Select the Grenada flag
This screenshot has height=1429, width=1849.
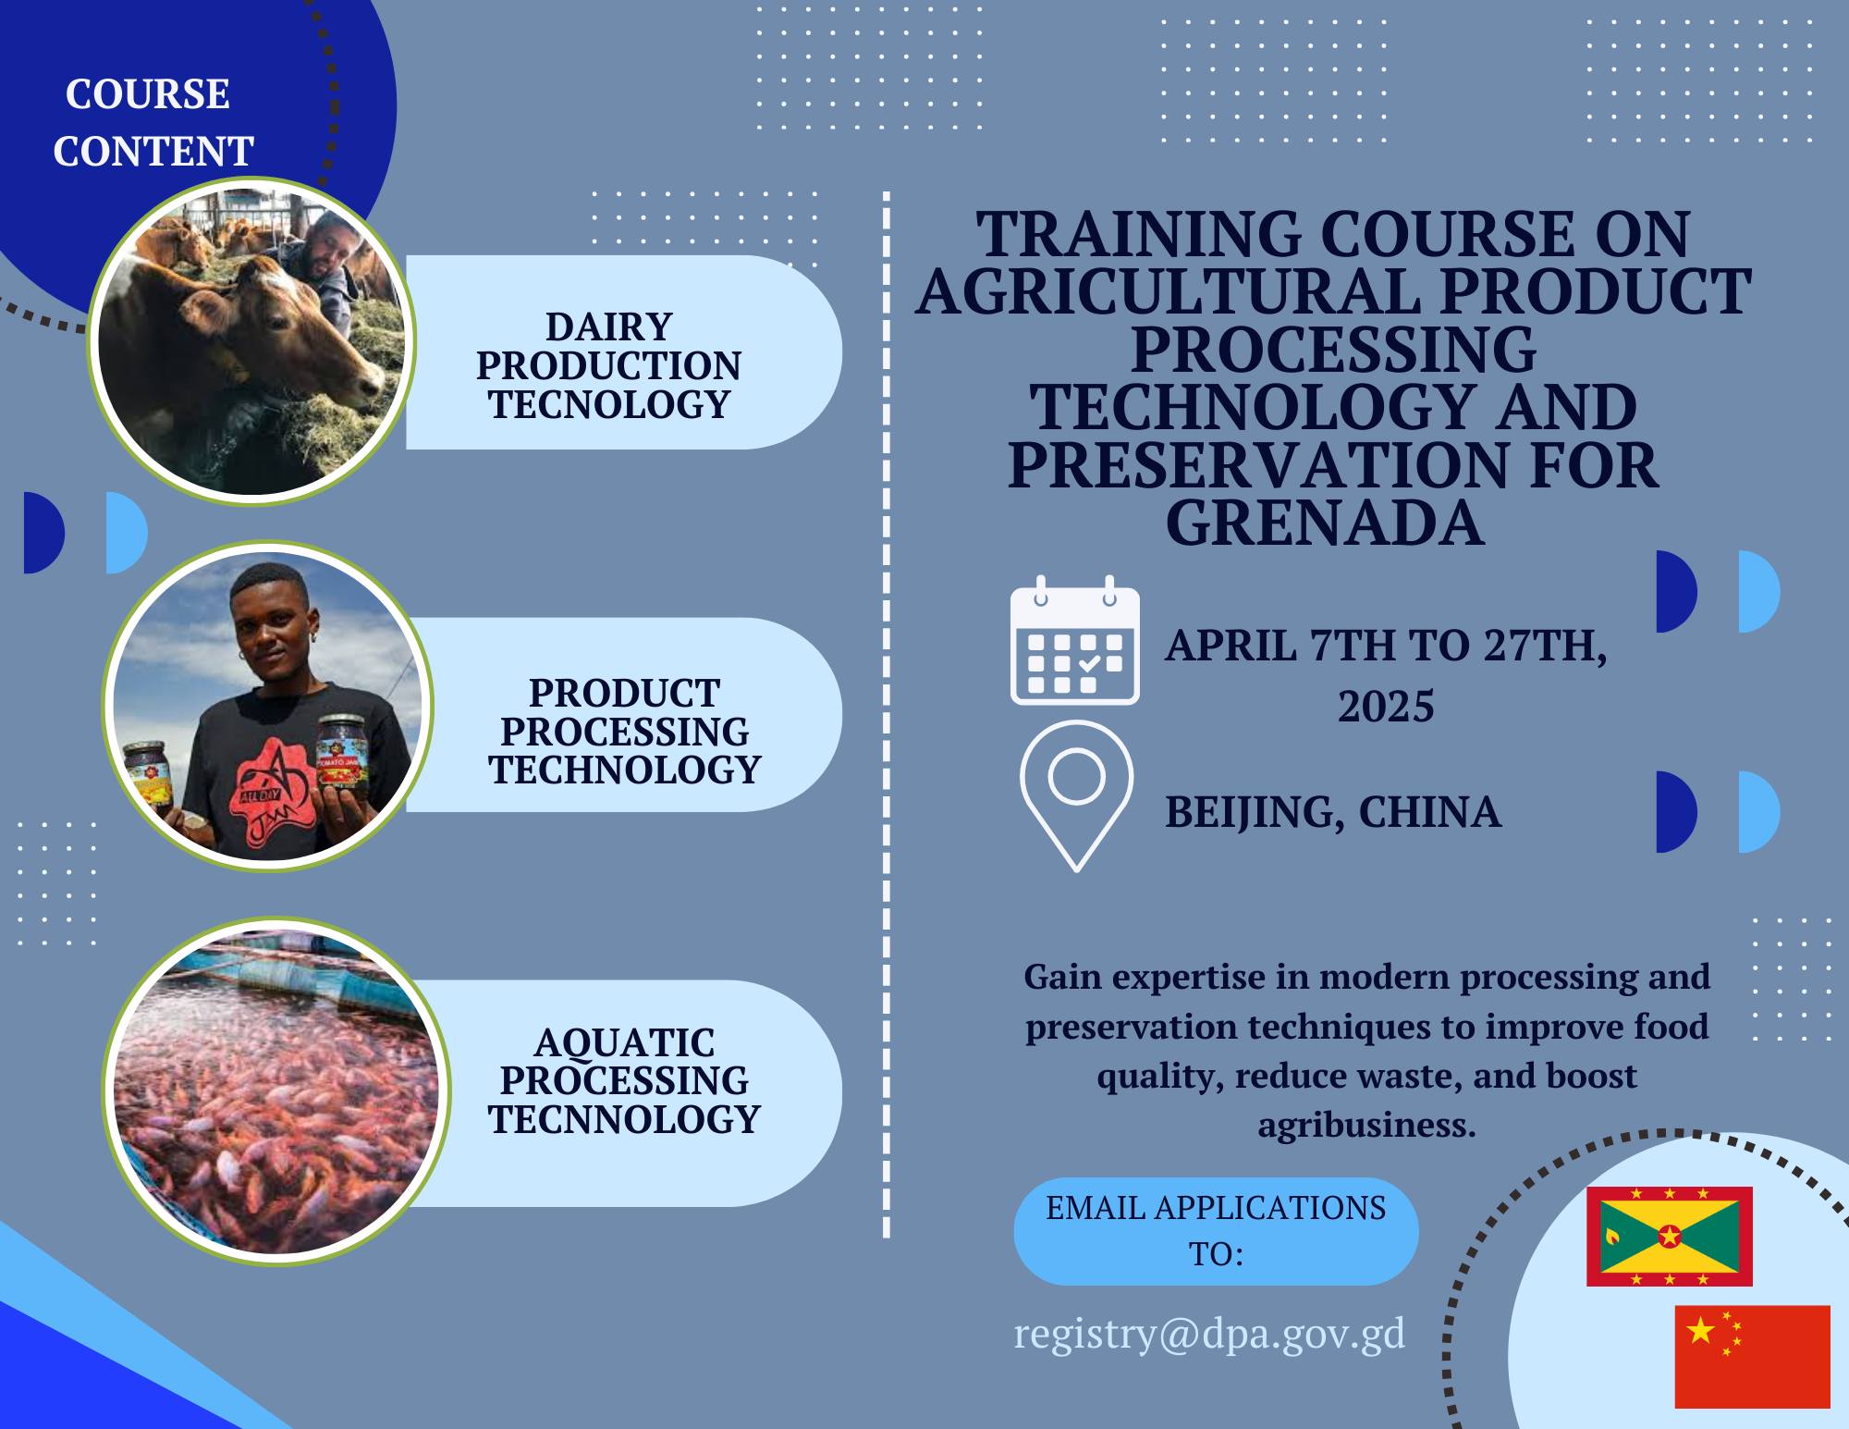[1670, 1237]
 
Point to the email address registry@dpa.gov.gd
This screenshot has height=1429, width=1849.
[1209, 1334]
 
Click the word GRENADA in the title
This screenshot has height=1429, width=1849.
[1325, 523]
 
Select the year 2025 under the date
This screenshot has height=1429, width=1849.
[1386, 706]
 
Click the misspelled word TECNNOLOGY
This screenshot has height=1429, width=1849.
[624, 1119]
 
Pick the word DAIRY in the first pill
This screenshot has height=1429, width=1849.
[609, 326]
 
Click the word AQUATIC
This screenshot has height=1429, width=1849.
[624, 1042]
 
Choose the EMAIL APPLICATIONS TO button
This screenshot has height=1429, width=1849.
[1216, 1231]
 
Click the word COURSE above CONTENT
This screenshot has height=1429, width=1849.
[148, 93]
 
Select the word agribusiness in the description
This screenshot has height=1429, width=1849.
[1366, 1124]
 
